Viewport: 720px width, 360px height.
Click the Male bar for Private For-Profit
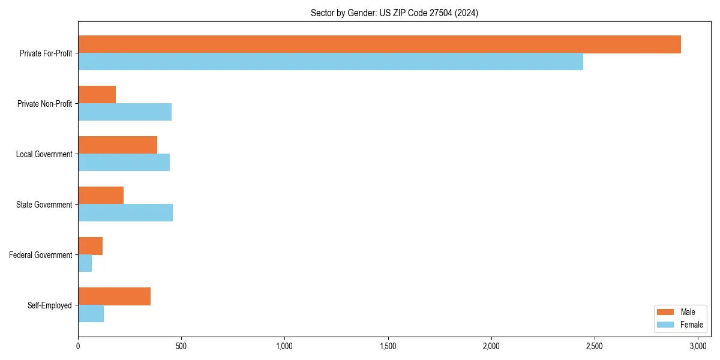[379, 44]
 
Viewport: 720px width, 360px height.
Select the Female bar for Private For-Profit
[331, 62]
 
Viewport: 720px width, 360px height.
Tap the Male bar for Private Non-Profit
[97, 95]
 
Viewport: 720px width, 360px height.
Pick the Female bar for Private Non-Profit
[125, 112]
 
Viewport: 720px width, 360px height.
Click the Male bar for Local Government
[118, 145]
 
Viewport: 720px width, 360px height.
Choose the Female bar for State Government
[125, 213]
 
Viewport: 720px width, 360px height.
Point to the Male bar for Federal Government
[90, 246]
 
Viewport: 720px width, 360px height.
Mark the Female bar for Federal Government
[85, 263]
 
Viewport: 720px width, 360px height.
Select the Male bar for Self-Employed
[114, 296]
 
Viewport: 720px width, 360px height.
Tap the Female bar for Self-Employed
[91, 314]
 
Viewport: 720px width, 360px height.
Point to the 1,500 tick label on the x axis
[388, 346]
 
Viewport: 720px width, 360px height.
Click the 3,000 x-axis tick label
[698, 346]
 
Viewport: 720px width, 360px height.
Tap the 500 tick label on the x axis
[181, 346]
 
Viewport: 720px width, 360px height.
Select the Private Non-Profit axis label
[44, 104]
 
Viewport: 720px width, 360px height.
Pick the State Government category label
[44, 205]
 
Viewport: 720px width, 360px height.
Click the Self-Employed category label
[49, 305]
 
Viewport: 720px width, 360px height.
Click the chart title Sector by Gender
[394, 13]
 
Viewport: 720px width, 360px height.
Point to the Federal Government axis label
[41, 255]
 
